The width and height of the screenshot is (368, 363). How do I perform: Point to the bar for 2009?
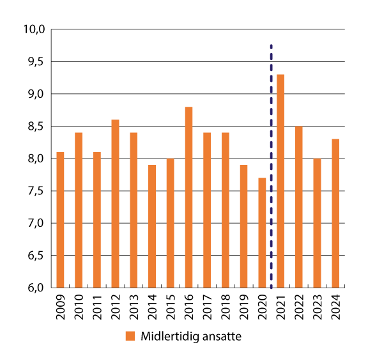coord(60,220)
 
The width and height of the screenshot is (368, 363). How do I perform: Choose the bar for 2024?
coord(335,213)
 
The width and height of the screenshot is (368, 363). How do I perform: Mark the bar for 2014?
coord(152,226)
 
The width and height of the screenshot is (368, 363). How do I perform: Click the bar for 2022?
coord(298,207)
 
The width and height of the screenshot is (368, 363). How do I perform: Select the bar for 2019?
coord(243,226)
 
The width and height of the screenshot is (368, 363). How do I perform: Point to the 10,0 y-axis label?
coord(34,29)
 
